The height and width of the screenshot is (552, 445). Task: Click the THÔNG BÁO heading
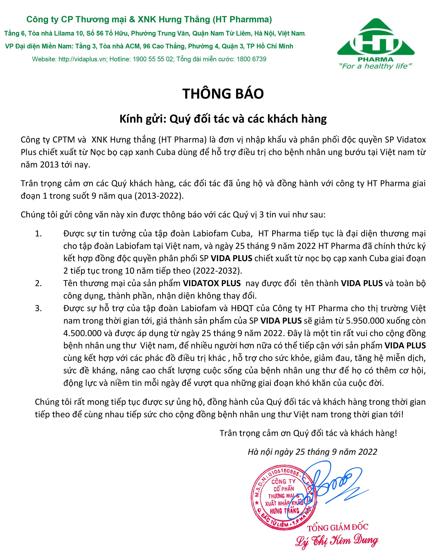pyautogui.click(x=223, y=94)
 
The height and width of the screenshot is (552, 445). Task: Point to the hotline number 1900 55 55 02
pyautogui.click(x=153, y=59)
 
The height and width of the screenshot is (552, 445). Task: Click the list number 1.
pyautogui.click(x=38, y=234)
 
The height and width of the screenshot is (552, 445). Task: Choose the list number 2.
pyautogui.click(x=38, y=283)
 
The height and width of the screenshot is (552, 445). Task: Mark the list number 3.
pyautogui.click(x=38, y=308)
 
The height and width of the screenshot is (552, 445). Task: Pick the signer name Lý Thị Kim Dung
pyautogui.click(x=337, y=540)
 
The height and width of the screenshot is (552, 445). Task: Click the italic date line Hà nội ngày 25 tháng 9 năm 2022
pyautogui.click(x=312, y=452)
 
